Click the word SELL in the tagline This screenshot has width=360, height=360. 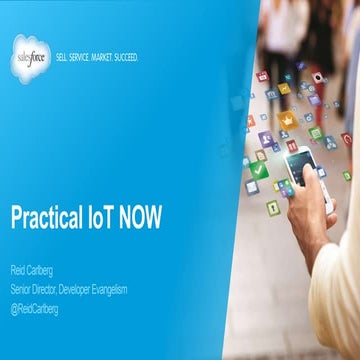(x=63, y=58)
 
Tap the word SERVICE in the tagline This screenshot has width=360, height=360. (x=82, y=58)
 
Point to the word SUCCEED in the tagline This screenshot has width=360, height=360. (x=128, y=58)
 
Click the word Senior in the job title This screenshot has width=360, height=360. (x=22, y=289)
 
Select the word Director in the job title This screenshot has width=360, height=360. (x=51, y=289)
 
